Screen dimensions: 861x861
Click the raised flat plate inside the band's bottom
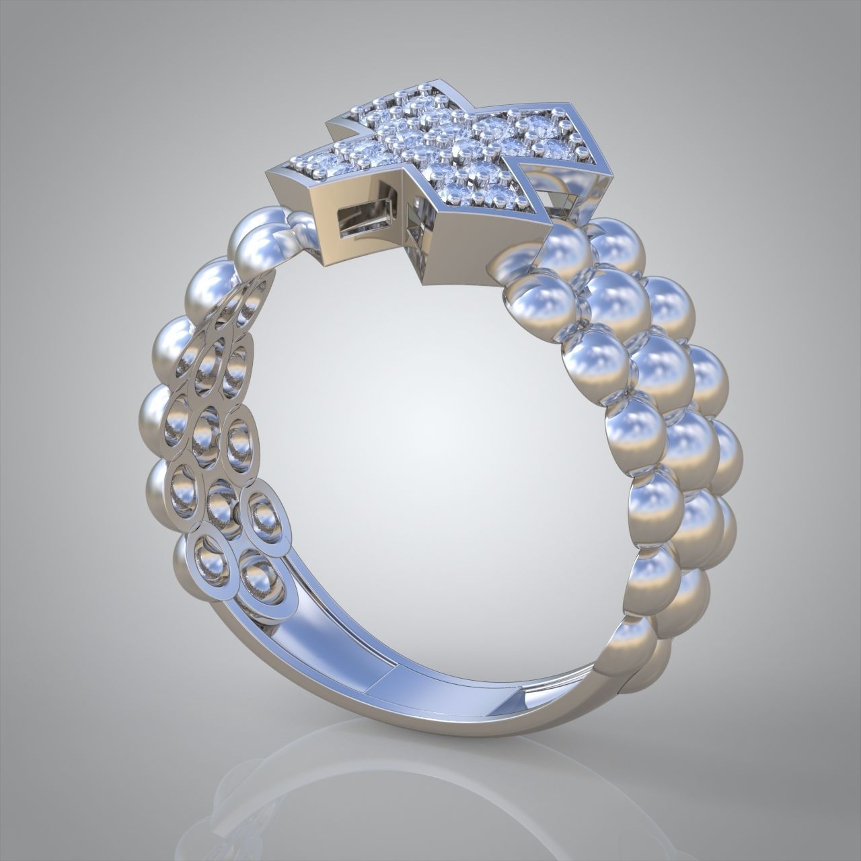[x=430, y=679]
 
